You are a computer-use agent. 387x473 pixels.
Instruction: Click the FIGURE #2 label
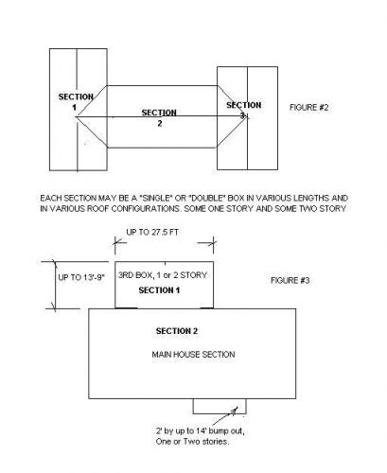[x=308, y=108]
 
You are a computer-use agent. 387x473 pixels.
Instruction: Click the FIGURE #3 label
[x=290, y=280]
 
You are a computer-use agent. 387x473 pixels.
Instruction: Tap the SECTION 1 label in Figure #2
[x=76, y=102]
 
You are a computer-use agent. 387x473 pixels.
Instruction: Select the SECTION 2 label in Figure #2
[x=159, y=117]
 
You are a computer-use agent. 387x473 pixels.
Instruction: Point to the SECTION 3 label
[x=243, y=110]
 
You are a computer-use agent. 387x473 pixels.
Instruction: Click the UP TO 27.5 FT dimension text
[x=152, y=232]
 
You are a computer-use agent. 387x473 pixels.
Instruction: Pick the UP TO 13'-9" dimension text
[x=81, y=277]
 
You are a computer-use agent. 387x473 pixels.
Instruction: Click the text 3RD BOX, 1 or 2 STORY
[x=163, y=275]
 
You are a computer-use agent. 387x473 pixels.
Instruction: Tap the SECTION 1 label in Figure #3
[x=159, y=290]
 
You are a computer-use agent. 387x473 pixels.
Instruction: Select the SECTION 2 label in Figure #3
[x=177, y=331]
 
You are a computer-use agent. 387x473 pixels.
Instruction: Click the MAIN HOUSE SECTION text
[x=193, y=355]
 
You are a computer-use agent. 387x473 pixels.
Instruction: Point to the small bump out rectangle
[x=220, y=406]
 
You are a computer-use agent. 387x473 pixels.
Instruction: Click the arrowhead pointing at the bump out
[x=234, y=411]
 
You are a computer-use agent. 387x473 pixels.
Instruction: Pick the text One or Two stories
[x=192, y=442]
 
